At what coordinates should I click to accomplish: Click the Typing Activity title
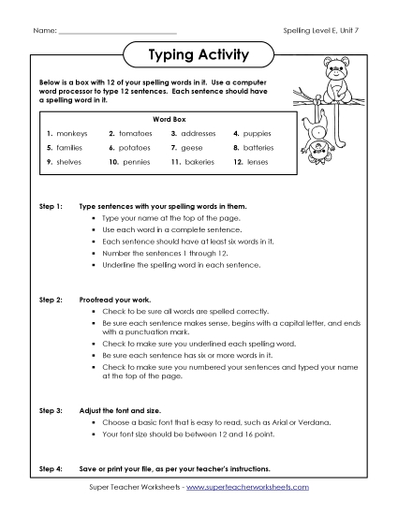click(x=199, y=55)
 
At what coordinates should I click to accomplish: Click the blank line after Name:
click(x=116, y=34)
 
